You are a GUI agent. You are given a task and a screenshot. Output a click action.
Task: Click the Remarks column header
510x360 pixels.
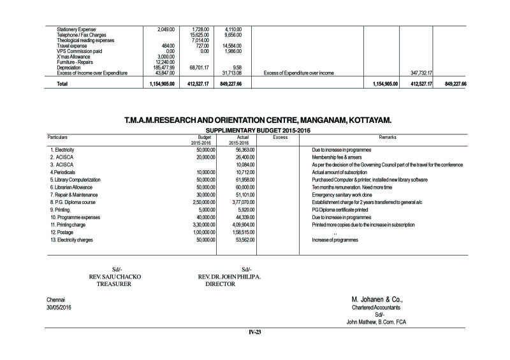pos(388,137)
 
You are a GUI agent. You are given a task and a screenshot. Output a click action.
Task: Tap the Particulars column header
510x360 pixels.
pos(58,137)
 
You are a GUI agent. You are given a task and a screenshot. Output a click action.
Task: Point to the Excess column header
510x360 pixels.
pos(280,137)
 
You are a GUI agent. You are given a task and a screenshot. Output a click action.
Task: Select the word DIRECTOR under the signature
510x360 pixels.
pos(220,285)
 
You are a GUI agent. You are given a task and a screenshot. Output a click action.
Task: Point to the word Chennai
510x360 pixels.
pos(56,299)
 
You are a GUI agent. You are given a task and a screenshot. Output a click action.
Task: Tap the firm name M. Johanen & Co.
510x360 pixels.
pos(377,299)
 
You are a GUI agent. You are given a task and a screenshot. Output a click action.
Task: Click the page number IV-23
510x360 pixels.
pos(255,333)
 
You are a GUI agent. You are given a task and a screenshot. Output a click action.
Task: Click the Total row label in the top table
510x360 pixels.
pos(62,83)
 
